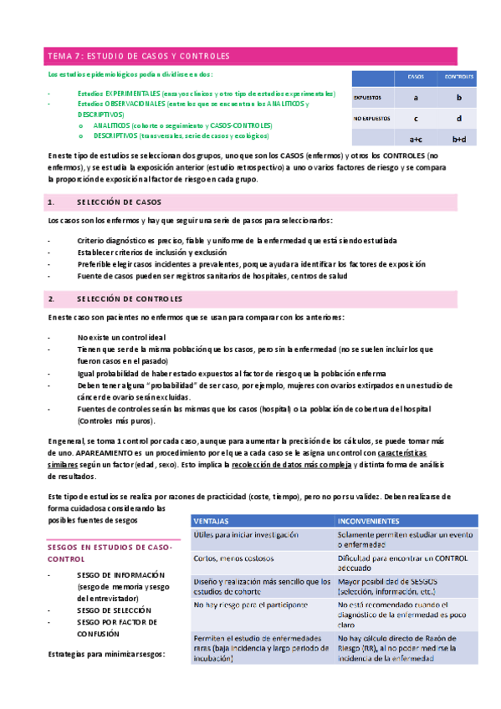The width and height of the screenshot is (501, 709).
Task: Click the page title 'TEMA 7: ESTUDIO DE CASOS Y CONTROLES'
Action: (139, 56)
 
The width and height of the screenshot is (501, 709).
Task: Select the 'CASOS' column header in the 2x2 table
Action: (415, 77)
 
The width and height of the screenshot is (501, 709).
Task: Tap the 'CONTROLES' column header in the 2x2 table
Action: (459, 77)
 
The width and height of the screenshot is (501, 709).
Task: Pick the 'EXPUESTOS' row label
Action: (368, 98)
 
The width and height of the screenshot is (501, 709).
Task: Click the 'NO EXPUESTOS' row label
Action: (372, 119)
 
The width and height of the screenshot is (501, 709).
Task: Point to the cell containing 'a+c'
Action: (415, 140)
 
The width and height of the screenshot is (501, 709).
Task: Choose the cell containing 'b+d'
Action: (459, 140)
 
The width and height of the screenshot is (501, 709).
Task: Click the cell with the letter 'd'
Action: (459, 119)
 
